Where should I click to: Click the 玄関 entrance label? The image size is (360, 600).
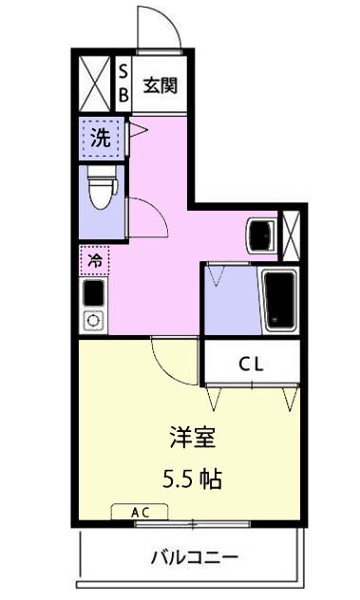click(160, 84)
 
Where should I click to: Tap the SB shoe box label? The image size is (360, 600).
click(123, 83)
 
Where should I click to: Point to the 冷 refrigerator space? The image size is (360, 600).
click(95, 258)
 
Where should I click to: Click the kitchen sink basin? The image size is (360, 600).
click(93, 294)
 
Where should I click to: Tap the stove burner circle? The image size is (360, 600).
click(93, 320)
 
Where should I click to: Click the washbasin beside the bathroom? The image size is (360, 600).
click(257, 234)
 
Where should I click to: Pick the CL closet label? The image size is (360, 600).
click(251, 362)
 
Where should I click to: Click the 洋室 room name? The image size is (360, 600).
click(192, 438)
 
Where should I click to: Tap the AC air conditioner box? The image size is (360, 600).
click(140, 512)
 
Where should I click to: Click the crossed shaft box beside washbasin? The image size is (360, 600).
click(291, 233)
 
